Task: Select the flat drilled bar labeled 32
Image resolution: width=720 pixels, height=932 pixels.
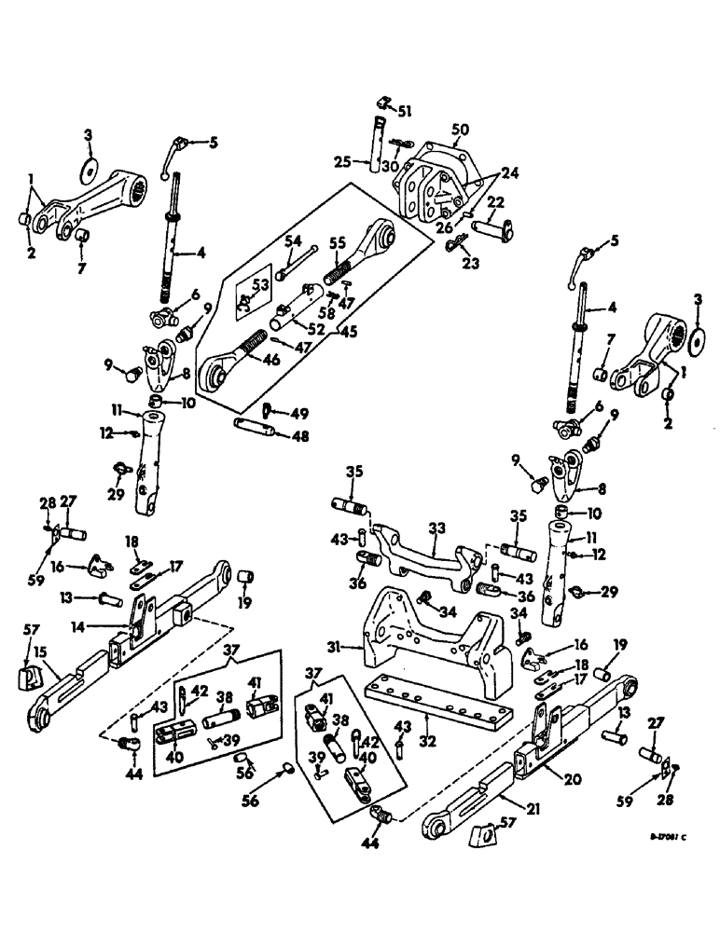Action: click(438, 693)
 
